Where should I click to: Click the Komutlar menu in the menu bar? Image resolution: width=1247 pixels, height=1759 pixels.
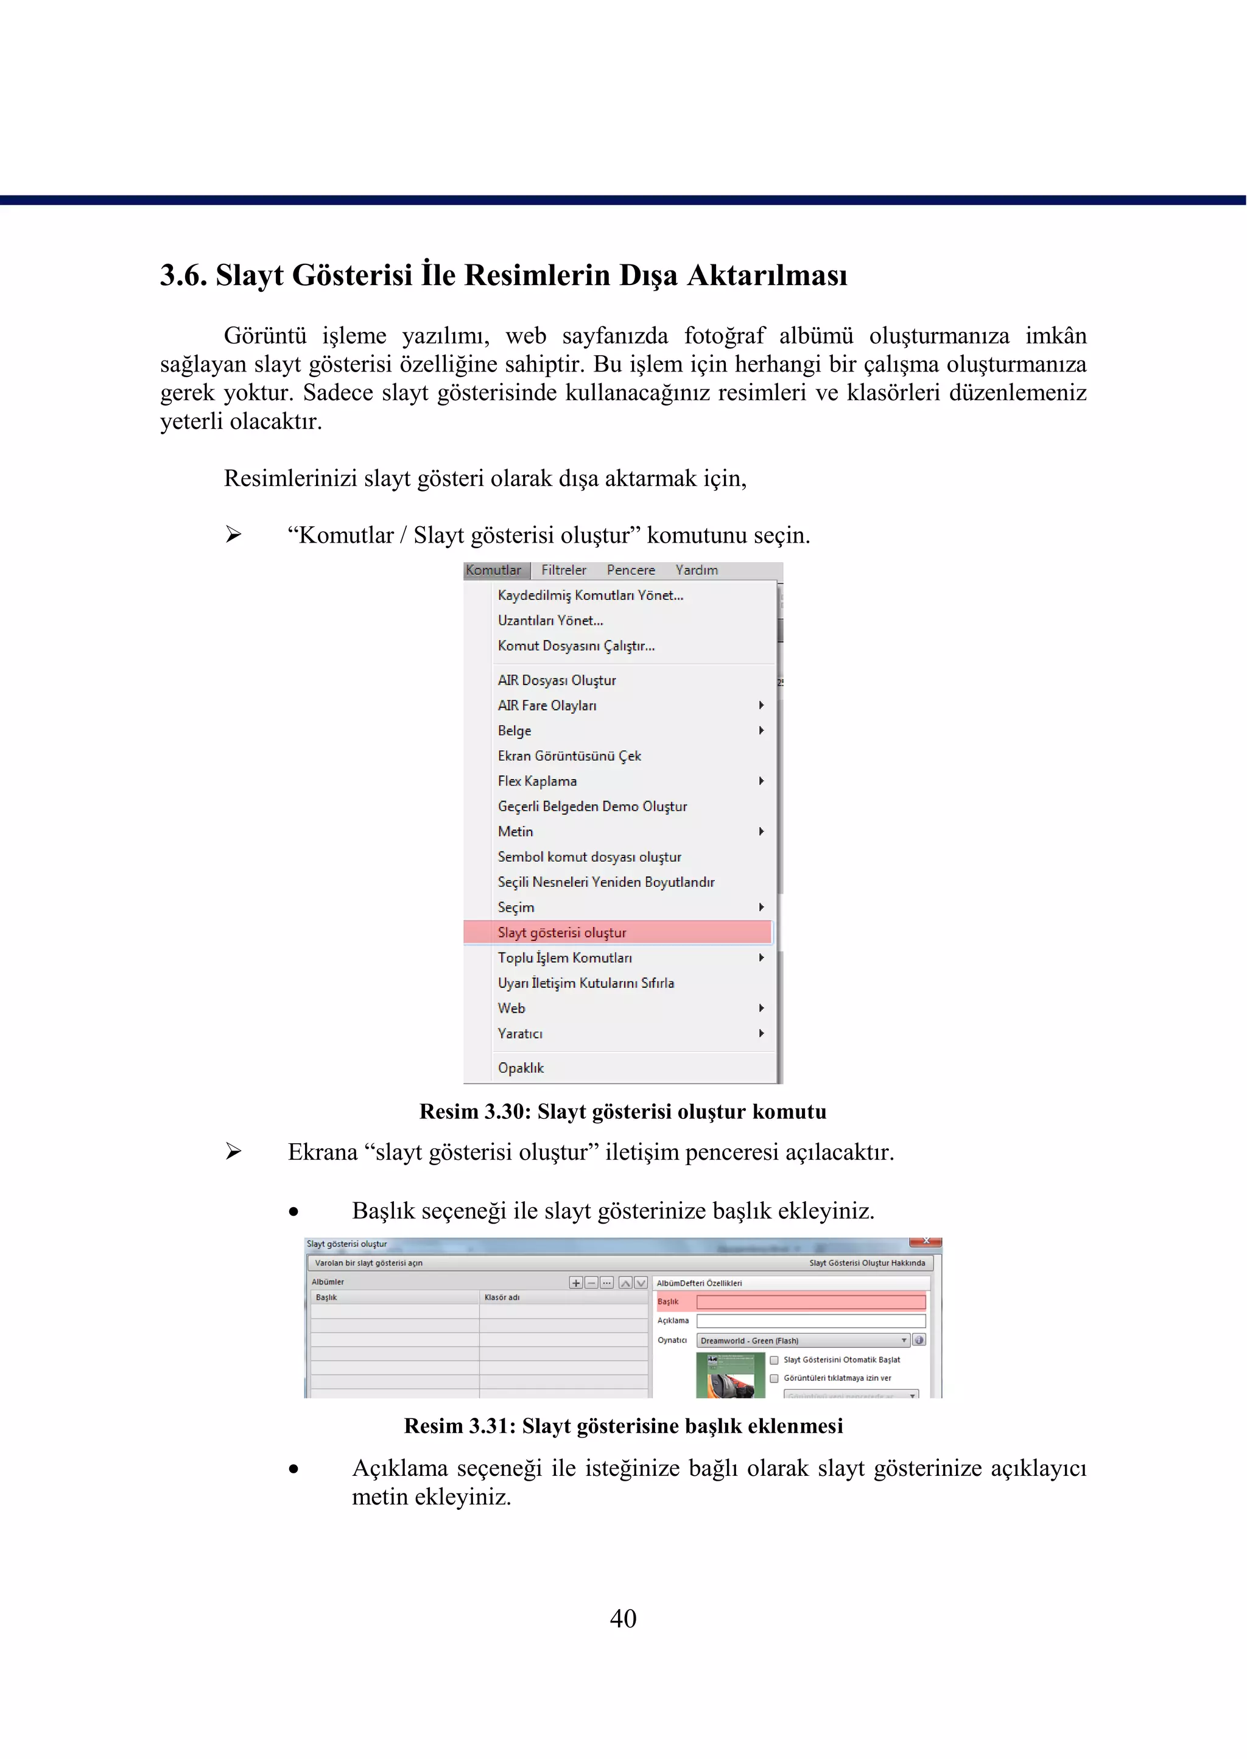click(494, 570)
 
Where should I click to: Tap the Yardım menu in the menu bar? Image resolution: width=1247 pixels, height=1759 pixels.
click(697, 570)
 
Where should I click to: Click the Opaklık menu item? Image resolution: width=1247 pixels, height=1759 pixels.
click(521, 1068)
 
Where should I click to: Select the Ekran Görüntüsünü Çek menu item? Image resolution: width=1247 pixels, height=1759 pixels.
click(569, 756)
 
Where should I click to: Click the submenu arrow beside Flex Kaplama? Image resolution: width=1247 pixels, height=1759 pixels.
click(761, 781)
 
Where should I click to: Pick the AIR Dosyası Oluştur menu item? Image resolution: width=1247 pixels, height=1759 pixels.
click(557, 680)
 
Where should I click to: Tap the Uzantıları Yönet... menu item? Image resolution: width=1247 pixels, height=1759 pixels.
click(550, 621)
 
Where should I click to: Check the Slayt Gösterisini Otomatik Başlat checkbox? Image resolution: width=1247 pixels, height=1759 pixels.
click(774, 1360)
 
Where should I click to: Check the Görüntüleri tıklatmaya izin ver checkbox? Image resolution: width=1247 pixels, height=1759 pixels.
click(774, 1379)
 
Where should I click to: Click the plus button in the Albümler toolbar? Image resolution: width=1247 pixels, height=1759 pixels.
click(576, 1283)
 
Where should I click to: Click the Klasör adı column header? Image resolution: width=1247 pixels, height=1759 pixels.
click(502, 1297)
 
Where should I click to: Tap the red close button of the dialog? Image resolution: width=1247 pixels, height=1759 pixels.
click(926, 1241)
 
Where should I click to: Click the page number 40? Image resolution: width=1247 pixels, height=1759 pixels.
click(623, 1618)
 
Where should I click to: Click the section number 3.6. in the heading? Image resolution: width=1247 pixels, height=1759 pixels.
click(183, 275)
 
